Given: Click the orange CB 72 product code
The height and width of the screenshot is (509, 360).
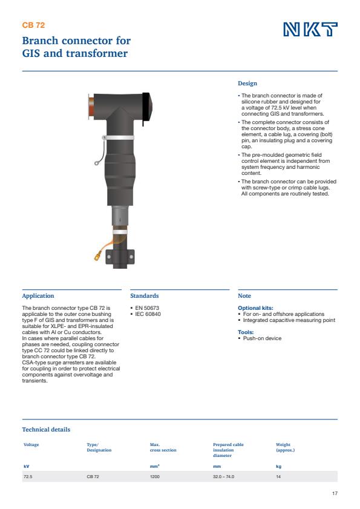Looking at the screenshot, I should [x=33, y=25].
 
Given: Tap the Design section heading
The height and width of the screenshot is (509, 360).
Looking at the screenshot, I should [x=247, y=84].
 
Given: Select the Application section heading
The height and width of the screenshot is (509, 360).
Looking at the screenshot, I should [x=38, y=296].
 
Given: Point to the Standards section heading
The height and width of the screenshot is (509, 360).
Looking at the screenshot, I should [x=145, y=296].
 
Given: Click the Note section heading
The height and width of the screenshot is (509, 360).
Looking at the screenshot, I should [x=244, y=296].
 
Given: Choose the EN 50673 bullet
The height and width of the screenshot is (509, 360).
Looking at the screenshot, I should [x=148, y=308].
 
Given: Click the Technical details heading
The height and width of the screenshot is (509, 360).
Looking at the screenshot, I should [x=46, y=430].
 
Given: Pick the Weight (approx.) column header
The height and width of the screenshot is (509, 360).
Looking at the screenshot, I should [x=286, y=447].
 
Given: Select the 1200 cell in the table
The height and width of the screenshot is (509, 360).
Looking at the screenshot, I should [x=155, y=477].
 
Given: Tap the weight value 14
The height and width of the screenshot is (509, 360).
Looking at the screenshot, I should [x=278, y=477].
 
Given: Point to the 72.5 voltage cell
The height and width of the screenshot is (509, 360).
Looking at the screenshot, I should [x=28, y=477].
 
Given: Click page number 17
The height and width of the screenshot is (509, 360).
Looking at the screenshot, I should [x=335, y=494].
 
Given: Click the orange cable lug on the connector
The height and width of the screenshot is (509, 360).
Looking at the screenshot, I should [x=97, y=257].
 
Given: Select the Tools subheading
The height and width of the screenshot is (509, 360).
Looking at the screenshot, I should [x=245, y=332].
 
